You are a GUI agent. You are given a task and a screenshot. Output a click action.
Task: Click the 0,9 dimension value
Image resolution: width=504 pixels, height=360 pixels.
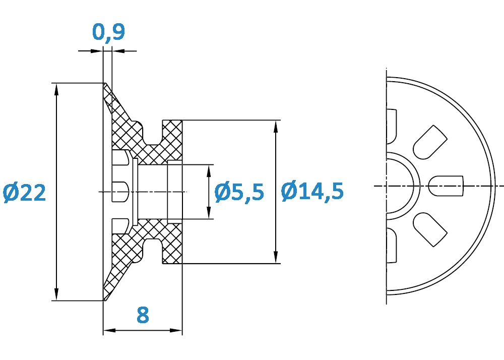tap(108, 32)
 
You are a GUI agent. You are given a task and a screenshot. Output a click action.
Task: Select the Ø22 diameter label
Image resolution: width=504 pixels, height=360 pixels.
tap(24, 193)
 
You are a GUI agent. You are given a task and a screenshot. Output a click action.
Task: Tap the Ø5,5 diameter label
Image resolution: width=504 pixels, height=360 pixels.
tap(239, 192)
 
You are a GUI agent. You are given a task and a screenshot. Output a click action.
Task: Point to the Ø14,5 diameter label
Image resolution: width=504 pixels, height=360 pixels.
tap(312, 192)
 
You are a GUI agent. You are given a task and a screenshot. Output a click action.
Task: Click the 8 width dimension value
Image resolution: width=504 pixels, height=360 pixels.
tap(143, 315)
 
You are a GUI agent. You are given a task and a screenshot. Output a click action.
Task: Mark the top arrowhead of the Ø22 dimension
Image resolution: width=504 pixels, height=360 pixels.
tap(56, 89)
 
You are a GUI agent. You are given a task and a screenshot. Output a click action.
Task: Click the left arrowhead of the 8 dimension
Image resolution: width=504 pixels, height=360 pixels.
tap(109, 330)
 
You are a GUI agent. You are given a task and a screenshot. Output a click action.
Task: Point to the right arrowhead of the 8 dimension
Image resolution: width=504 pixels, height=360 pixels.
tap(176, 330)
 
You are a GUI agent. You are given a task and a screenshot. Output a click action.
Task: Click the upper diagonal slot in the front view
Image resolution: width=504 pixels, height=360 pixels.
tap(430, 142)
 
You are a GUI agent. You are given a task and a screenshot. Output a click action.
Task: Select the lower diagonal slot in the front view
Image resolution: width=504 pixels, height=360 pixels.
tap(430, 229)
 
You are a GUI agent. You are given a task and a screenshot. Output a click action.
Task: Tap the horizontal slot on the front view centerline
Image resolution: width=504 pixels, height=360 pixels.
tap(446, 186)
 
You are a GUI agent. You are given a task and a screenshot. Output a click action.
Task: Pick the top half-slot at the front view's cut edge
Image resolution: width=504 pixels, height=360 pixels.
tap(392, 126)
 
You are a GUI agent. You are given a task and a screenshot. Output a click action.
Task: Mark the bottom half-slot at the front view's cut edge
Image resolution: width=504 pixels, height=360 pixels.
tap(392, 246)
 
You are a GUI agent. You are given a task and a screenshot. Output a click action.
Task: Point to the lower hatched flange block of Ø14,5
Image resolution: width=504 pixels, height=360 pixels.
tap(172, 248)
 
